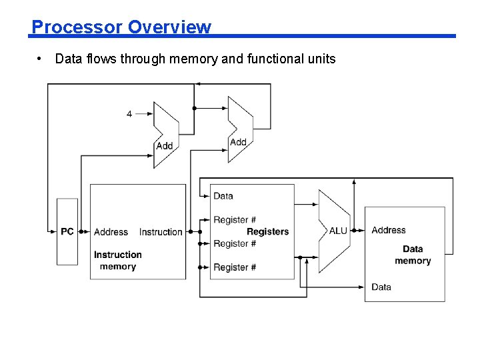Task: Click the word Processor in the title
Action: coord(77,27)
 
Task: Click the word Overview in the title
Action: coord(169,27)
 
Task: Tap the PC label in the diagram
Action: coord(67,232)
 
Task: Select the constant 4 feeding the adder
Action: coord(129,114)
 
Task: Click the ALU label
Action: coord(338,231)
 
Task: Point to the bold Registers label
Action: coord(267,232)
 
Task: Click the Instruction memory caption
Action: coord(117,261)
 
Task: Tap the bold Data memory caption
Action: coord(413,255)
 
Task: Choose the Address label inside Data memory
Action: coord(389,230)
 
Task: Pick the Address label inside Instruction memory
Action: coord(111,232)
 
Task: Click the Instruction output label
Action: coord(161,232)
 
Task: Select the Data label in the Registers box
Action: coord(223,196)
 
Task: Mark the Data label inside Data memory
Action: coord(381,287)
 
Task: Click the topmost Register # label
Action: coord(235,220)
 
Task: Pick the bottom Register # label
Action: coord(235,267)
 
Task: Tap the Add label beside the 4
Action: coord(164,146)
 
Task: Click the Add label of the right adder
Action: coord(238,142)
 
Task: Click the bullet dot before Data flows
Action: coord(41,59)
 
